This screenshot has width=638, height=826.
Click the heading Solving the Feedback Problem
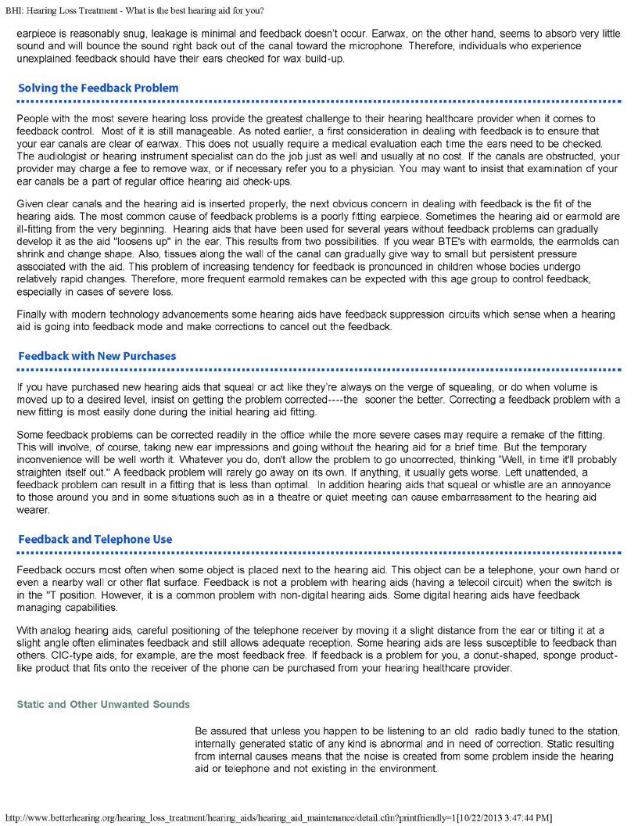(98, 88)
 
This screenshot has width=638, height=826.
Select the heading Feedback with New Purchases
(97, 356)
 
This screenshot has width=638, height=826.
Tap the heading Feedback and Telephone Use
(95, 540)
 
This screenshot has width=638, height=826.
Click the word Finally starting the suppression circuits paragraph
(33, 314)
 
